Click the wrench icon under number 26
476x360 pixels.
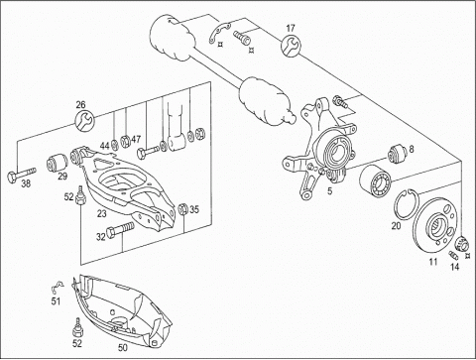[85, 120]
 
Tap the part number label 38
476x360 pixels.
[26, 183]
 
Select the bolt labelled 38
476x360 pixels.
[21, 174]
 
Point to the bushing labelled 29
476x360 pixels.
[57, 163]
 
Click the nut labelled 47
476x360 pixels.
[125, 142]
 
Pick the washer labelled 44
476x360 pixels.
[114, 145]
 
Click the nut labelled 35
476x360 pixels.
[183, 209]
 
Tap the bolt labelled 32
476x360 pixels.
[120, 230]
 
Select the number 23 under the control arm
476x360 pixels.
[102, 214]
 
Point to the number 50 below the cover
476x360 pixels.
[122, 348]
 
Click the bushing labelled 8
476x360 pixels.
[398, 154]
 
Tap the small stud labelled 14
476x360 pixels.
[453, 255]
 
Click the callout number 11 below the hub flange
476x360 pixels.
[433, 262]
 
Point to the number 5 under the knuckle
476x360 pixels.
[329, 190]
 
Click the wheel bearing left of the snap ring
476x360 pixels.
[376, 181]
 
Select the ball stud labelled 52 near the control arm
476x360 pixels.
[80, 195]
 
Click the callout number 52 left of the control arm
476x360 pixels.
[68, 197]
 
